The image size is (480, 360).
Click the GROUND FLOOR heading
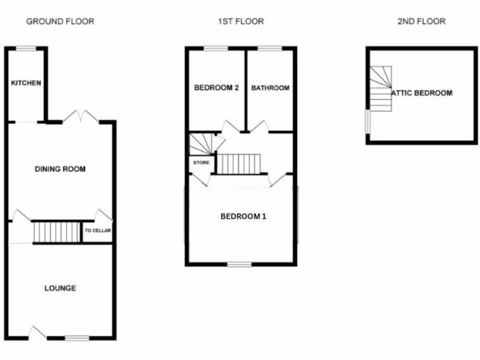tap(60, 21)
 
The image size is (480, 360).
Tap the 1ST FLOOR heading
tap(241, 21)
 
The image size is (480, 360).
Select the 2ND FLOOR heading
tap(421, 21)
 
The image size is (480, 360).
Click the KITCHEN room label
tap(26, 83)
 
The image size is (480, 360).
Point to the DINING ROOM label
tap(60, 169)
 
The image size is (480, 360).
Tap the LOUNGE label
tap(60, 288)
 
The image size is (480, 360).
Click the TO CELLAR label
tap(97, 231)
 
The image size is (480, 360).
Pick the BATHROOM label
tap(270, 88)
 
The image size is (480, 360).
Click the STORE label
tap(202, 163)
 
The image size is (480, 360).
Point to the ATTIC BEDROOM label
tap(422, 93)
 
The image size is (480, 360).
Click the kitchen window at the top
tap(26, 47)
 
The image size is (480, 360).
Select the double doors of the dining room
tap(81, 118)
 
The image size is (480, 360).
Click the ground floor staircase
tap(57, 232)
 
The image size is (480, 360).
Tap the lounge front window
tap(77, 337)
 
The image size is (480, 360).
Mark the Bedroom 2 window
tap(216, 48)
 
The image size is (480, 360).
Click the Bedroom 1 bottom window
tap(239, 264)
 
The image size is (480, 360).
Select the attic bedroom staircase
tap(381, 89)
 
